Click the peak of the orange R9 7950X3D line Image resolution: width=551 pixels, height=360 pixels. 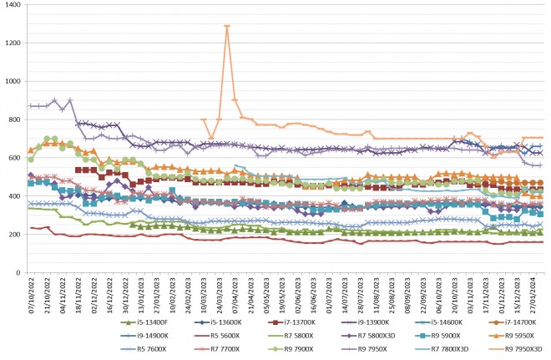pyautogui.click(x=227, y=27)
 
